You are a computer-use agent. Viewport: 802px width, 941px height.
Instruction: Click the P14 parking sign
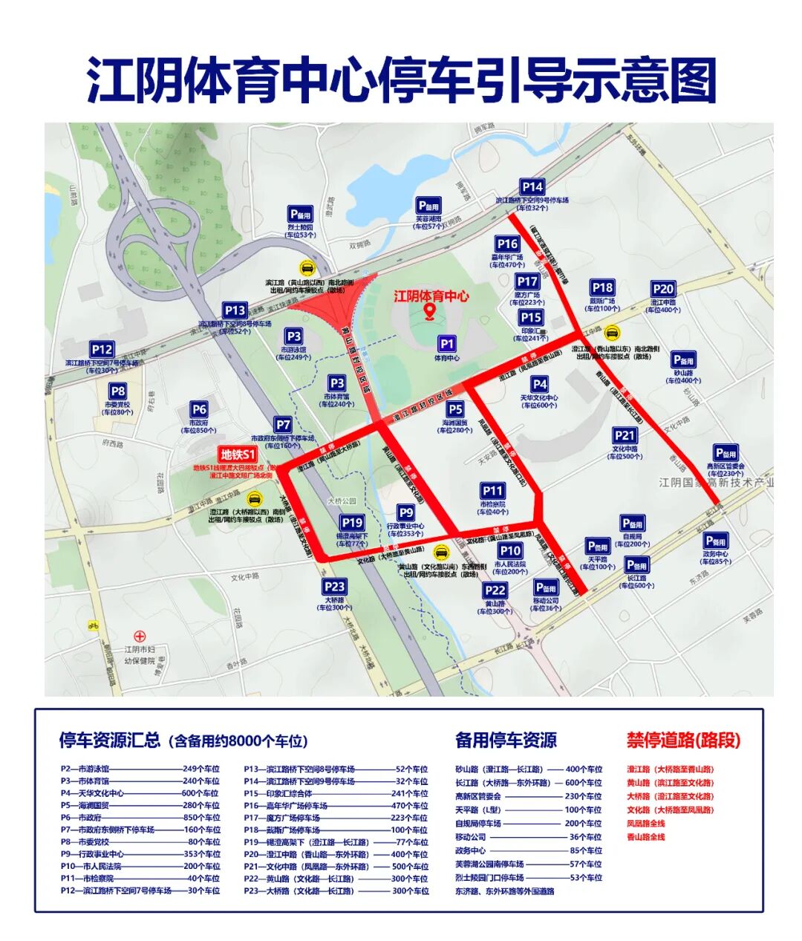click(x=532, y=187)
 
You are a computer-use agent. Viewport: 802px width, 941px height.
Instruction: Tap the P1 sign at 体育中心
click(x=446, y=344)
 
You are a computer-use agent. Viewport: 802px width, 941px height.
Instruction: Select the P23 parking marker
click(x=334, y=587)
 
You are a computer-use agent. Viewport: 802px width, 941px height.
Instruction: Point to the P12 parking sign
click(x=102, y=349)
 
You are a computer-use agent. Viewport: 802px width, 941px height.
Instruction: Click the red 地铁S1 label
click(x=238, y=455)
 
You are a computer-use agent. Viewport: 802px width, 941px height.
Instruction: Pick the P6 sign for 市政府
click(x=199, y=409)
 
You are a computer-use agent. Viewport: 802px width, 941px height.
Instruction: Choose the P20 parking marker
click(x=662, y=289)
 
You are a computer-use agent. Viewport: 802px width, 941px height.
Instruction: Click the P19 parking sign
click(x=352, y=523)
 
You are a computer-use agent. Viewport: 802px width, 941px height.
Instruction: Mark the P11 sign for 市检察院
click(x=493, y=491)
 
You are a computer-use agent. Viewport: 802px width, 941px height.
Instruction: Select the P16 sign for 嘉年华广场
click(x=507, y=244)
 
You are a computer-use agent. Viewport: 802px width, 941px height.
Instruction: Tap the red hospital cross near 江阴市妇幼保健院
click(x=140, y=636)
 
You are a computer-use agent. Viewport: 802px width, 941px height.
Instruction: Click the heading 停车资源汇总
click(x=110, y=740)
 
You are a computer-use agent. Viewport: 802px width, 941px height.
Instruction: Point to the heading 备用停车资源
click(x=506, y=740)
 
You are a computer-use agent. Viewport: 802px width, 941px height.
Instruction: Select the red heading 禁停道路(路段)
click(x=683, y=740)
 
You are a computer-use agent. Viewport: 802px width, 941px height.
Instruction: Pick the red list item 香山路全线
click(x=646, y=837)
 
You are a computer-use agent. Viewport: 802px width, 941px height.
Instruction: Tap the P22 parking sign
click(x=495, y=590)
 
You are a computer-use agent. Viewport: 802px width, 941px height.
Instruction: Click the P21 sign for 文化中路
click(x=625, y=436)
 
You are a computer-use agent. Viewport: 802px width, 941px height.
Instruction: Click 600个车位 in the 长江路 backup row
click(x=584, y=783)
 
